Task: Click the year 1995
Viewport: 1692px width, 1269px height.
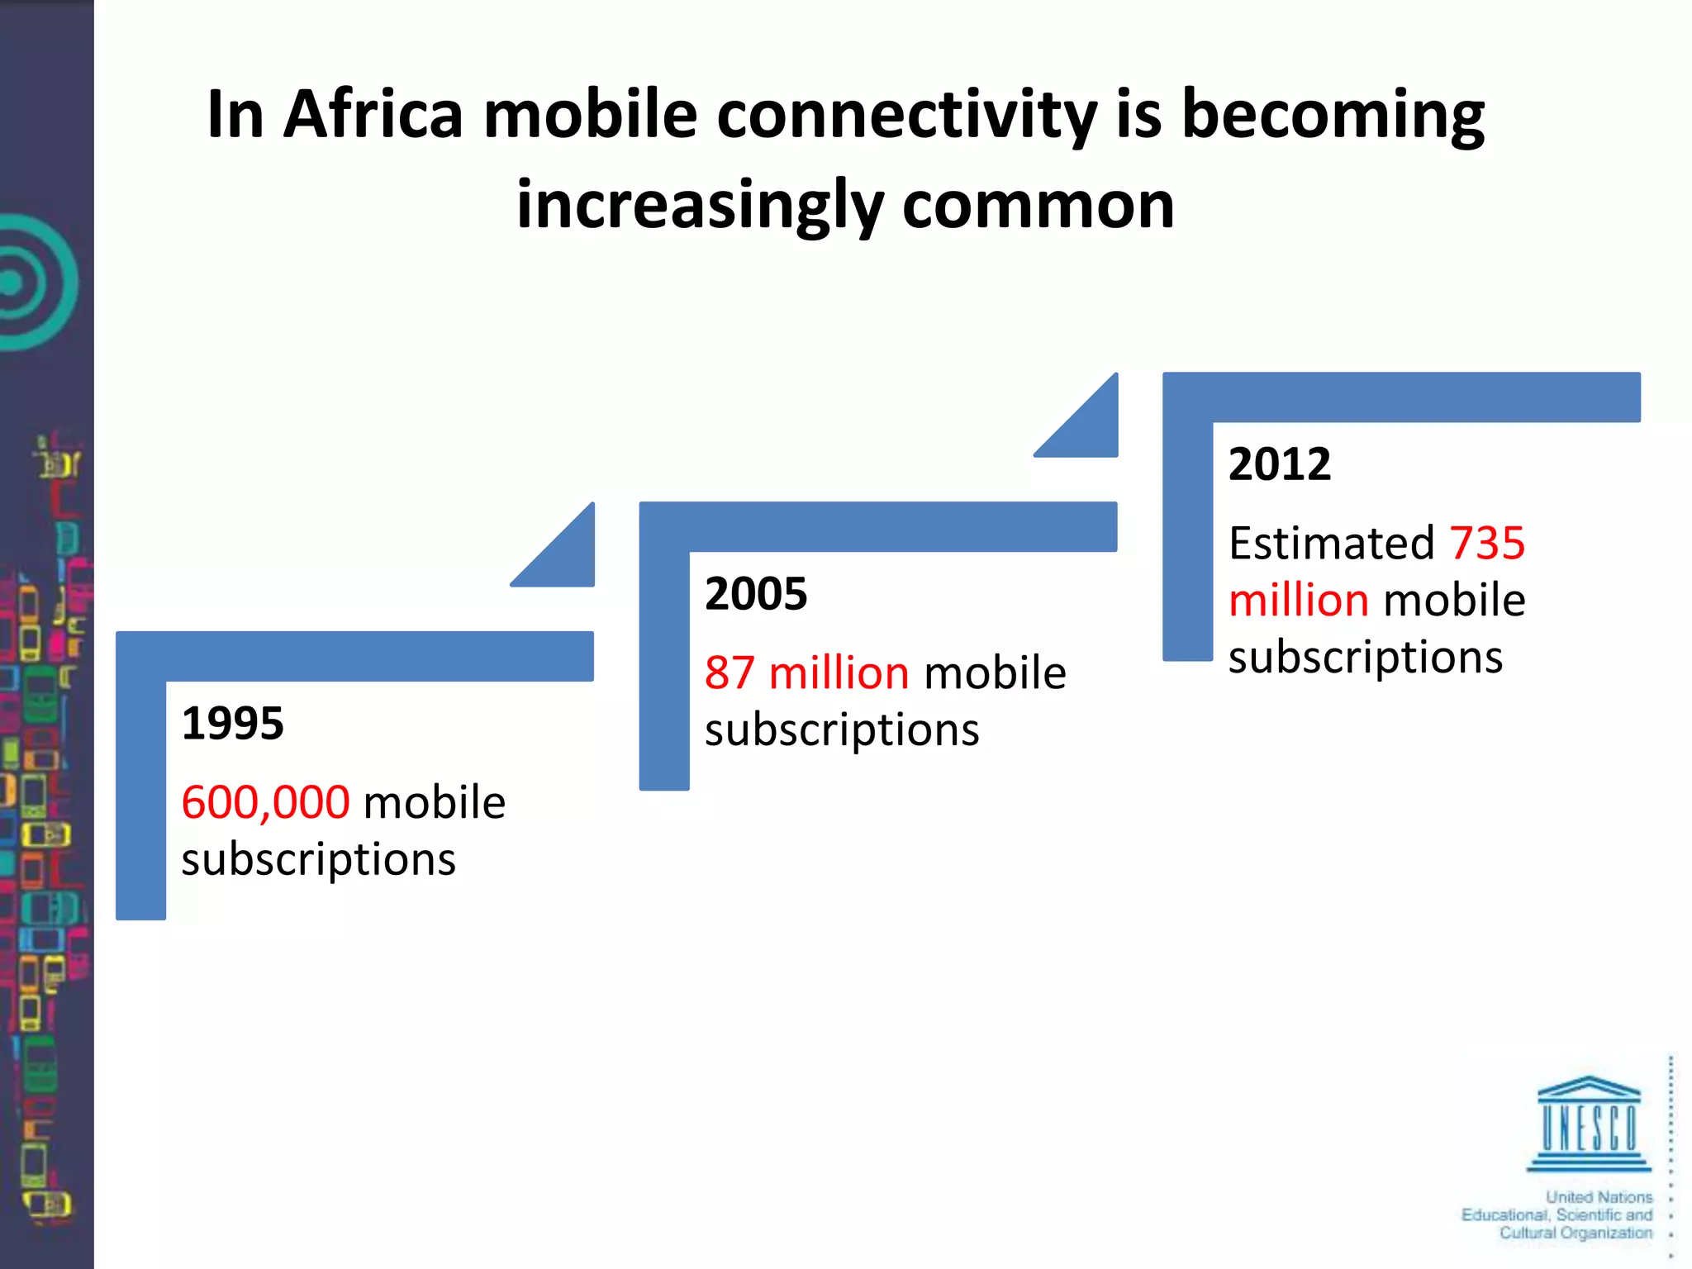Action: tap(232, 724)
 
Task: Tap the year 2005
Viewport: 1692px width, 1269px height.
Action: tap(755, 594)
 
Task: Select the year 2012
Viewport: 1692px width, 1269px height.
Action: tap(1279, 464)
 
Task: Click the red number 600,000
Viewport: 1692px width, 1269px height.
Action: tap(265, 802)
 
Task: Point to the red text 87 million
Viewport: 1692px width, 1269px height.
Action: tap(806, 673)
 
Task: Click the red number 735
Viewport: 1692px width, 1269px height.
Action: tap(1487, 544)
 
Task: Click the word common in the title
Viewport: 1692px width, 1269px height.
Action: tap(1038, 205)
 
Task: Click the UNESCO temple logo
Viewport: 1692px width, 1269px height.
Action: tap(1588, 1124)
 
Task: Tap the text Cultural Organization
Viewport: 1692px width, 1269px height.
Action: tap(1576, 1233)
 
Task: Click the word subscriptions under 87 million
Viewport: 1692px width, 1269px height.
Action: tap(841, 730)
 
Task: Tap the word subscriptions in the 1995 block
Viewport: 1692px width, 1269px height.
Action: tap(318, 860)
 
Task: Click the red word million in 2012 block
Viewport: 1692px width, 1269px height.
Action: tap(1298, 601)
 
